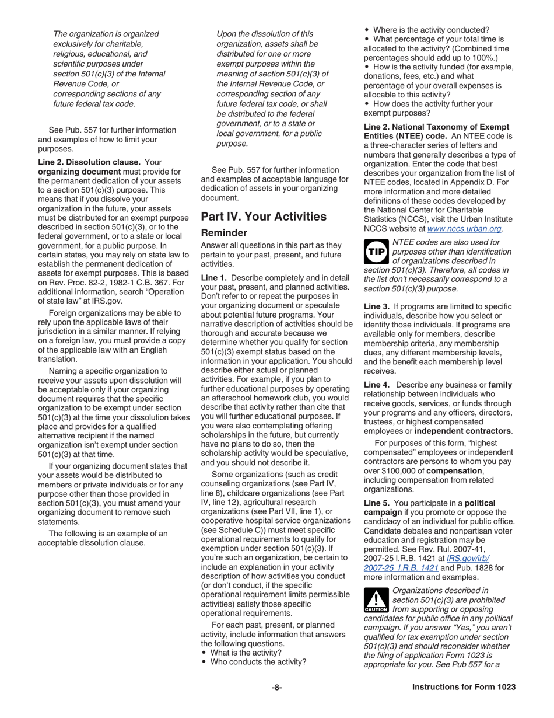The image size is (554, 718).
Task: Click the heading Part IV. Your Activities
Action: click(x=264, y=217)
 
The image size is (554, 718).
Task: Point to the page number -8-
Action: click(x=276, y=687)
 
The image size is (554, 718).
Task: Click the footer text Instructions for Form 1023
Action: click(x=464, y=687)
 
